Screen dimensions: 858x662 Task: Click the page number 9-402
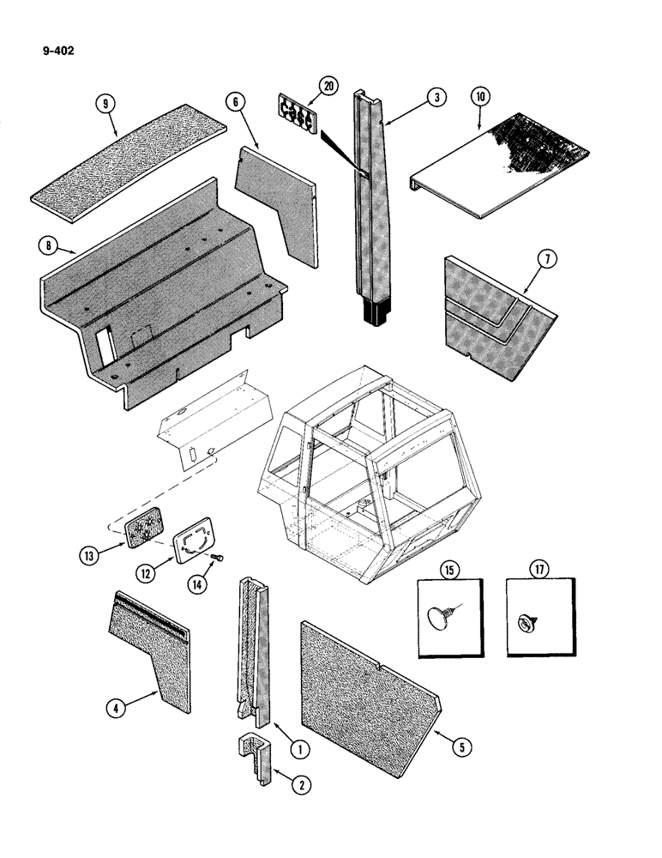click(x=57, y=51)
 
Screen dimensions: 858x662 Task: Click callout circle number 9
click(x=106, y=105)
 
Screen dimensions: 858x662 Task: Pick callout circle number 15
click(x=449, y=569)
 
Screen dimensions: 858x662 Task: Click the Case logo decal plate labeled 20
click(x=297, y=112)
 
